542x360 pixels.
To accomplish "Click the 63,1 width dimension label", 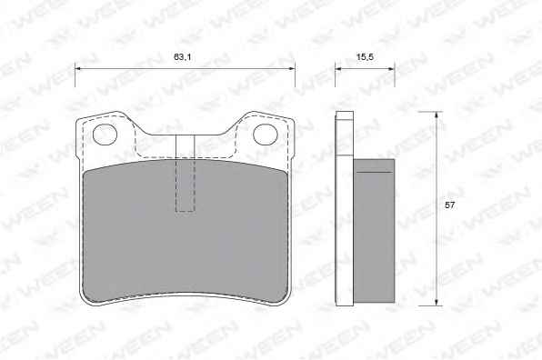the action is click(x=183, y=57).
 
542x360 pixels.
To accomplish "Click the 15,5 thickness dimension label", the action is click(x=365, y=57).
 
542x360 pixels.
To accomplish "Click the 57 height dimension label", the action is click(x=450, y=205).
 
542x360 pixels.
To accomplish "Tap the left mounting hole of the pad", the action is click(x=105, y=135).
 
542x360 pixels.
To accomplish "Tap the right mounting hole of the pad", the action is click(x=266, y=135).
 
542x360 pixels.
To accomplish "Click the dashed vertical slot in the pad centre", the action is click(x=186, y=173).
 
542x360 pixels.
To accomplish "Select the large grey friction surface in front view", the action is click(x=186, y=231).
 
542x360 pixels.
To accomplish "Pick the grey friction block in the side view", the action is click(x=374, y=231).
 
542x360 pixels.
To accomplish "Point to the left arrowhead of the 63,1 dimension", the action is click(x=78, y=69).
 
